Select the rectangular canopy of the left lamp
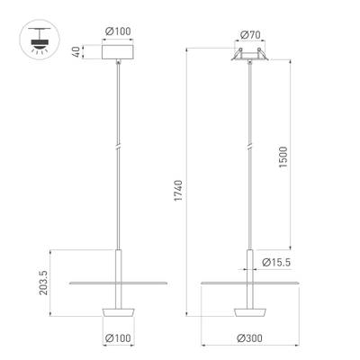pyautogui.click(x=117, y=53)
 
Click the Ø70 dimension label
pyautogui.click(x=250, y=35)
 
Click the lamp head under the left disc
pyautogui.click(x=117, y=310)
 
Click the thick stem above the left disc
pyautogui.click(x=117, y=265)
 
